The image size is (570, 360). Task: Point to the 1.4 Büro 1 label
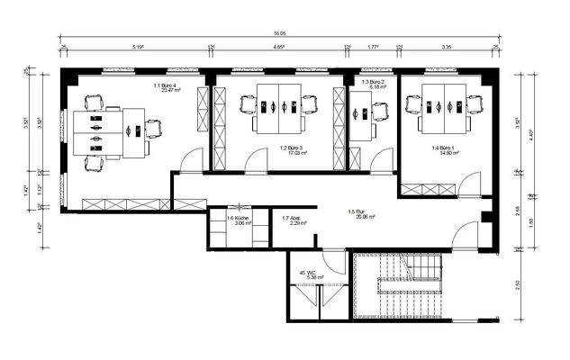445,148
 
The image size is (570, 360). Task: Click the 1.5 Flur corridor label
357,211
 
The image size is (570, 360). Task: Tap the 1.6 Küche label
238,218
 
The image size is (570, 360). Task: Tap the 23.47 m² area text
171,90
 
